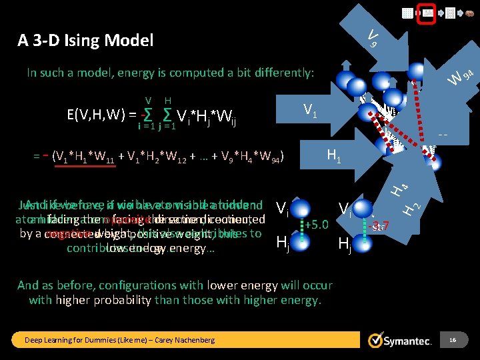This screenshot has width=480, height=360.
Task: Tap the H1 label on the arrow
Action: click(335, 156)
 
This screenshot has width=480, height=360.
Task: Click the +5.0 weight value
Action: click(317, 224)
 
